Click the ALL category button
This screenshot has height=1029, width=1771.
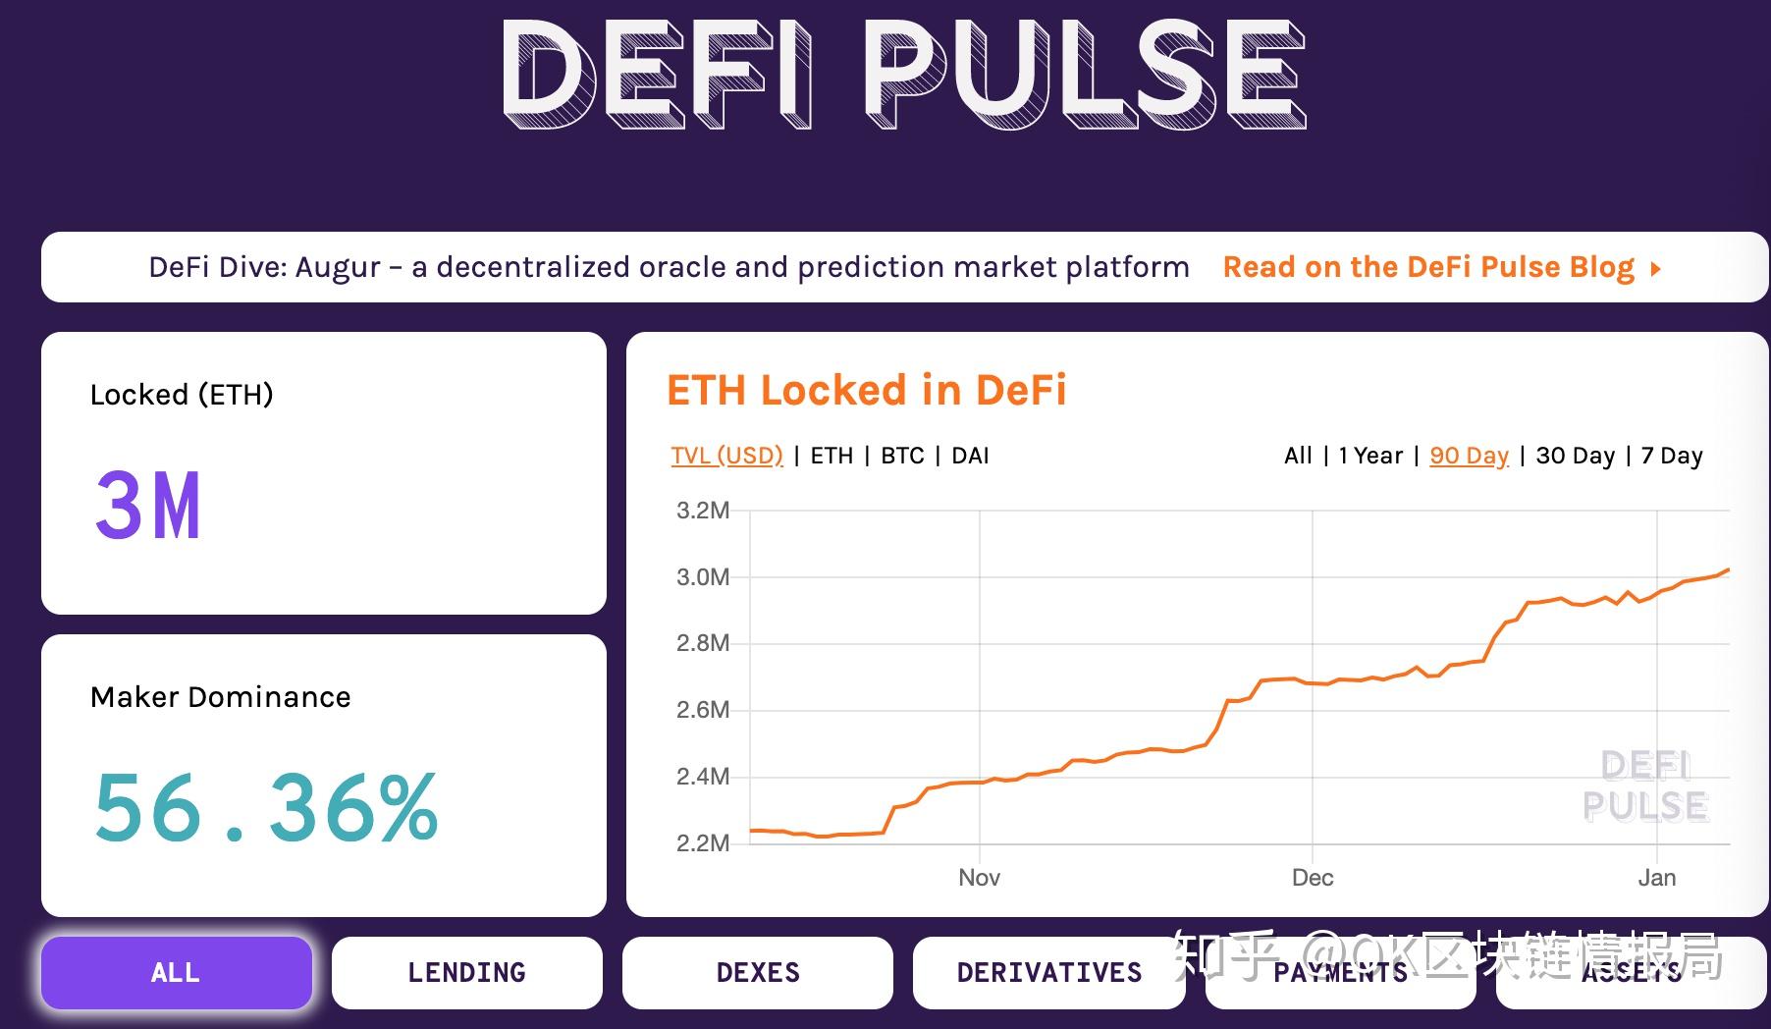tap(177, 972)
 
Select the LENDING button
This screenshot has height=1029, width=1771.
tap(466, 972)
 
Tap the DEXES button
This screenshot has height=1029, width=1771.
tap(758, 972)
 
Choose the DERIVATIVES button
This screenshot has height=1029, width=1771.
tap(1048, 972)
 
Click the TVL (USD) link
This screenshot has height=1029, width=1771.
tap(726, 456)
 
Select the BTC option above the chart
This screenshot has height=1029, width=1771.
tap(902, 456)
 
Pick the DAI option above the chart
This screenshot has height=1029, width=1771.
tap(970, 456)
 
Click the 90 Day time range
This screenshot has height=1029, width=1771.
tap(1469, 456)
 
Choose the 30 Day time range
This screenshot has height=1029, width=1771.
tap(1575, 456)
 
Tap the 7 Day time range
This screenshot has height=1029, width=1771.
tap(1672, 456)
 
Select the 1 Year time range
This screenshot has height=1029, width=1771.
tap(1370, 456)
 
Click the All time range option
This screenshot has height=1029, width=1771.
tap(1298, 456)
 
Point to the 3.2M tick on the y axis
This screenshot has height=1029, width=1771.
tap(703, 511)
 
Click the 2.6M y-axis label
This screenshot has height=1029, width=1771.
tap(703, 710)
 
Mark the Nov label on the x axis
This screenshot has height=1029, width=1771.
tap(979, 878)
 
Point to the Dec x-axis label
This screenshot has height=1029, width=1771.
tap(1313, 878)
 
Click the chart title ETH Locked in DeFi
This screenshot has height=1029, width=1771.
tap(866, 390)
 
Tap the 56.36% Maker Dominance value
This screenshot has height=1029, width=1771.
tap(265, 807)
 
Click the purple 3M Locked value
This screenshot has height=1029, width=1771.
tap(148, 506)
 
